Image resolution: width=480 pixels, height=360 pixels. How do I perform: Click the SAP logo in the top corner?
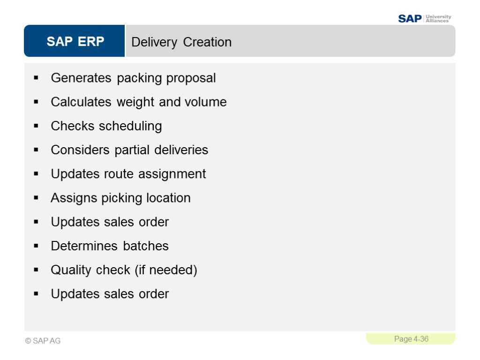pyautogui.click(x=410, y=19)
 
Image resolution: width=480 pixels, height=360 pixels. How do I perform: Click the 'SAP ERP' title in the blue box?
pyautogui.click(x=75, y=42)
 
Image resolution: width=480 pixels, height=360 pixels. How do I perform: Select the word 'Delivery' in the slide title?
pyautogui.click(x=154, y=42)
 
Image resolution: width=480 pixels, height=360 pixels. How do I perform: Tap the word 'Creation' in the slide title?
pyautogui.click(x=207, y=42)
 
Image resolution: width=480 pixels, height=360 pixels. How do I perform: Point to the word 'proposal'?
pyautogui.click(x=191, y=78)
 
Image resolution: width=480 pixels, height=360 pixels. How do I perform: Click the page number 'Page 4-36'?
pyautogui.click(x=411, y=339)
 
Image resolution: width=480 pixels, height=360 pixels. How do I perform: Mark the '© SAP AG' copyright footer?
pyautogui.click(x=43, y=341)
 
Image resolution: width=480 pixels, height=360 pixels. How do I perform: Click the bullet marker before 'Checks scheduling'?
pyautogui.click(x=36, y=127)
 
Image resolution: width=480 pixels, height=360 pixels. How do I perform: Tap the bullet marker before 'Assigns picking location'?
pyautogui.click(x=36, y=198)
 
